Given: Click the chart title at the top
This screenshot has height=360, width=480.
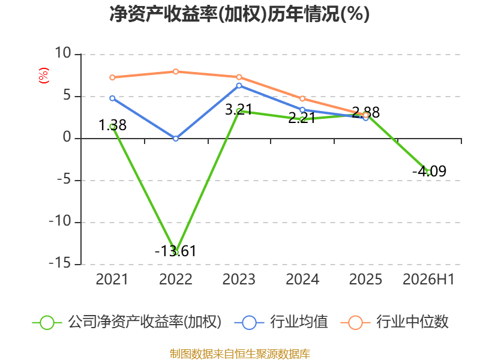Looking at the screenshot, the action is tap(239, 14).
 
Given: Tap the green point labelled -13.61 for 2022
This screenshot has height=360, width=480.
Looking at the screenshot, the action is tap(176, 252).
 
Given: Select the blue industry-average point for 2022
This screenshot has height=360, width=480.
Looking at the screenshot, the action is tap(176, 139).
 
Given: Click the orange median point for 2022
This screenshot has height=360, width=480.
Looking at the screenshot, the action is tap(176, 71).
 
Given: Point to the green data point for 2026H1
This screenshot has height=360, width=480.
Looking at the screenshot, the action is tap(429, 173).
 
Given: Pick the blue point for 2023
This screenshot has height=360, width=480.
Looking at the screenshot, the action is tap(239, 86).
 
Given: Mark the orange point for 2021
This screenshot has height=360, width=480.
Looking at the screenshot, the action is tap(112, 77).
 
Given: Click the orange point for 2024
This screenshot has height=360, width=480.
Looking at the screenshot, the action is tap(302, 98).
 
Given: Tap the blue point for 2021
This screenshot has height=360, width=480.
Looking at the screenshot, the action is tap(112, 98).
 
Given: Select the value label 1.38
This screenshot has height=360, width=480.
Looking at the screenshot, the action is tap(112, 125).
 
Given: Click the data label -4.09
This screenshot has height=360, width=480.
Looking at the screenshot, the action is tap(429, 171).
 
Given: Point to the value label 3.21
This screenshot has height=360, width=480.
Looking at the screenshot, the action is tap(239, 110).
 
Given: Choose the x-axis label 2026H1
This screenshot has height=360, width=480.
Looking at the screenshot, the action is tap(428, 279).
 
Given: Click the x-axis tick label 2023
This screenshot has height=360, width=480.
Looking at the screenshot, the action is tap(239, 279).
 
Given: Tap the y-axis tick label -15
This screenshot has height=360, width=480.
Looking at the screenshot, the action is tap(60, 263).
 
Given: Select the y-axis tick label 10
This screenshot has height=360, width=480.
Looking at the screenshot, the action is tap(63, 53).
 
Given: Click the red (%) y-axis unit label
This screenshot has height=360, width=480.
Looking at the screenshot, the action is tap(43, 76).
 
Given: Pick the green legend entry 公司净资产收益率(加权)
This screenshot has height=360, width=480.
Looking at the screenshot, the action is tap(127, 322).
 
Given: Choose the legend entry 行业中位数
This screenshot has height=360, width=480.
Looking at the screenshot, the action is tap(395, 322).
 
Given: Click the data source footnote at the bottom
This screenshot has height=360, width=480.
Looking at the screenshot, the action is tap(240, 354).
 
